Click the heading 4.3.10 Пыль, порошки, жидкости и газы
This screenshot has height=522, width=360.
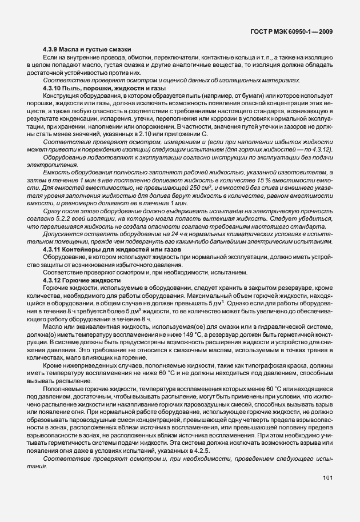[104, 89]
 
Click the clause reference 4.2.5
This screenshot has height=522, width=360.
[203, 454]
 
